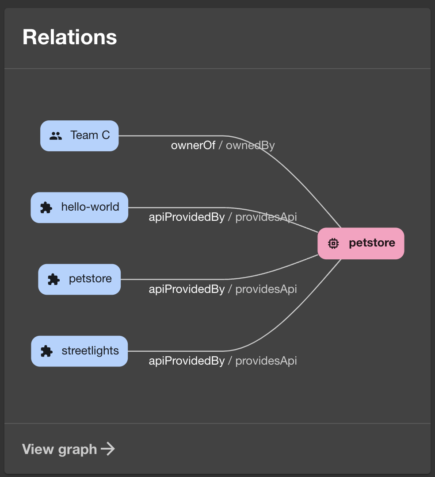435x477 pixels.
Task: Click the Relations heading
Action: coord(70,37)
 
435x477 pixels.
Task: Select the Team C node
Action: coord(80,135)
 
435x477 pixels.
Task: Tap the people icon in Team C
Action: coord(56,136)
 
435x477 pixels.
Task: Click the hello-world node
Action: coord(80,207)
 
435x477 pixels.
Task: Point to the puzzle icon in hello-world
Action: coord(46,208)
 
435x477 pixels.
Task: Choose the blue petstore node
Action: coord(80,279)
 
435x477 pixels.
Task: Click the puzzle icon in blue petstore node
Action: coord(53,279)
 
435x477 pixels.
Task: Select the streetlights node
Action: coord(80,351)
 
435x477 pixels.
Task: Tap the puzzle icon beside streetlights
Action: coord(46,351)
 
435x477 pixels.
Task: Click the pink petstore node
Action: coord(361,243)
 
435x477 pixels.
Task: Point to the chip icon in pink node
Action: coord(334,243)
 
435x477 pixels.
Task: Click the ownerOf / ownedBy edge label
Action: coord(223,146)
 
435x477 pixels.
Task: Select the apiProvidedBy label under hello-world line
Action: coord(187,217)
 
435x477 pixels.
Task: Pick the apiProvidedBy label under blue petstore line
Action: coord(187,289)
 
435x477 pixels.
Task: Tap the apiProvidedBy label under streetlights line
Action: coord(187,361)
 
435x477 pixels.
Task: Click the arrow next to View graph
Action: coord(108,449)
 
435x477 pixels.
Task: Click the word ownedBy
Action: coord(250,146)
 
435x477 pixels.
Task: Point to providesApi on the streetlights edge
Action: coord(266,361)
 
